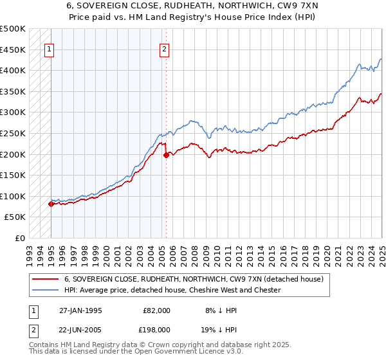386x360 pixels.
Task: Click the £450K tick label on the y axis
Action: (x=12, y=50)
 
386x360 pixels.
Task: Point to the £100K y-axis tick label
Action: (x=12, y=196)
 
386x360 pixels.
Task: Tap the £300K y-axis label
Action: (x=12, y=113)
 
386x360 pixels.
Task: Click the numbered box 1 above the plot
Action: (x=50, y=49)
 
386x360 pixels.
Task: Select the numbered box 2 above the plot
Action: (x=165, y=49)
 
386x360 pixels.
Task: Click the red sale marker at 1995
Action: (x=51, y=204)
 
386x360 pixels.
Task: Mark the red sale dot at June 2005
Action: (x=166, y=155)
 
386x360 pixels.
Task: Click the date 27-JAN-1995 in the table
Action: (x=80, y=310)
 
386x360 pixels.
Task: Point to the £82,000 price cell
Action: (x=155, y=310)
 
